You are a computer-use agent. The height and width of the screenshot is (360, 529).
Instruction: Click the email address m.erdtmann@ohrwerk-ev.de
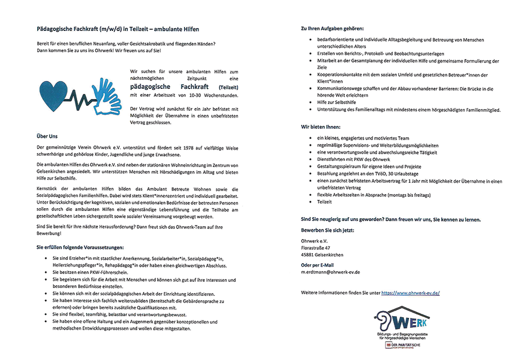click(x=330, y=272)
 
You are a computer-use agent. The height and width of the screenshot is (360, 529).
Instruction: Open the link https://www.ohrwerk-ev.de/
click(x=410, y=293)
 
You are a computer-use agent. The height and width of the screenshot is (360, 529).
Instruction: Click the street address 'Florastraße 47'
click(x=316, y=247)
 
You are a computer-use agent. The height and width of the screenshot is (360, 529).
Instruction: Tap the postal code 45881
click(x=310, y=255)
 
